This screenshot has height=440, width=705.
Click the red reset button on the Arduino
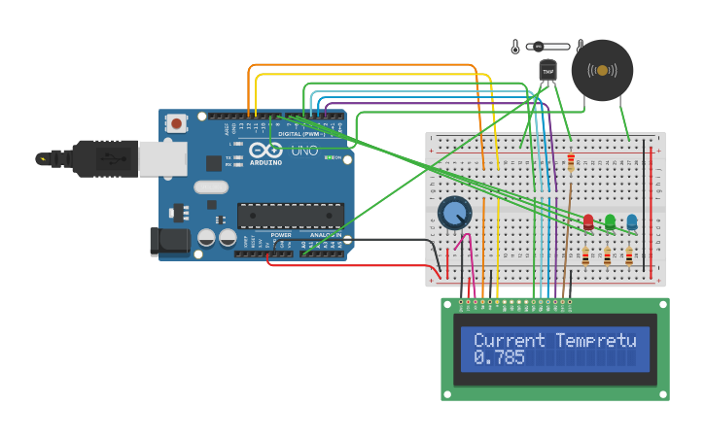[176, 123]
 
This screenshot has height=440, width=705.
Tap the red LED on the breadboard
[588, 222]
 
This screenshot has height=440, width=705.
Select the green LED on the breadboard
[610, 222]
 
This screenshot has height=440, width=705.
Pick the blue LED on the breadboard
[632, 222]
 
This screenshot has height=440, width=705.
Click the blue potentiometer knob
[453, 213]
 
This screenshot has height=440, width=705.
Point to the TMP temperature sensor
[547, 71]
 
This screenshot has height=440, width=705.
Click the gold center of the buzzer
[603, 70]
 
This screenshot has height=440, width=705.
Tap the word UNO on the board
[304, 152]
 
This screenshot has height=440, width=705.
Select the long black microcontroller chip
[290, 216]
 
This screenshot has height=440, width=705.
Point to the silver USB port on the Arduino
[161, 158]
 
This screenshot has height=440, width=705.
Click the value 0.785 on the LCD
[499, 357]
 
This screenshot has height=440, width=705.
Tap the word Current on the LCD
[511, 340]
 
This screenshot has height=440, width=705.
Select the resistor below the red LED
[585, 257]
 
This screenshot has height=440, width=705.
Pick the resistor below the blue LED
[629, 257]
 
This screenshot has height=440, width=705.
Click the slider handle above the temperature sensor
[538, 46]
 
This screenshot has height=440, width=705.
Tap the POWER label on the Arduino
[281, 235]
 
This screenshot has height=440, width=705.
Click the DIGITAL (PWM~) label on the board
[298, 133]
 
